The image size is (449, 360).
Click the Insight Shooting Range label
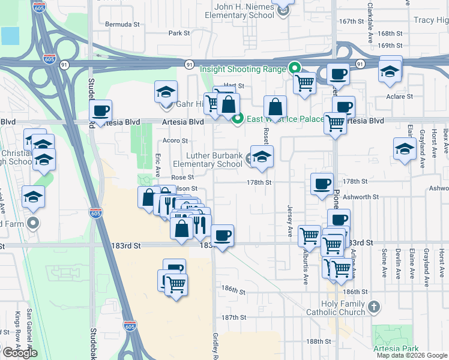(243, 69)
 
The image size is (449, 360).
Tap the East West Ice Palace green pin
(238, 119)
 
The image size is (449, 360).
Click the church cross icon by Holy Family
(373, 307)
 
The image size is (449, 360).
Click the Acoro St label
(176, 141)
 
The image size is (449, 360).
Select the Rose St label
(182, 178)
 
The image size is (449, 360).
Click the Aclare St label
(400, 96)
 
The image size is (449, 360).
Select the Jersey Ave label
(290, 222)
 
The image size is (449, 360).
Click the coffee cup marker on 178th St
(322, 183)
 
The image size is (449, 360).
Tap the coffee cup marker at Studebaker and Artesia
(101, 110)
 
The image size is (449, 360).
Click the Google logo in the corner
(20, 353)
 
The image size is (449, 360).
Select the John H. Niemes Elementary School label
(254, 10)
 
